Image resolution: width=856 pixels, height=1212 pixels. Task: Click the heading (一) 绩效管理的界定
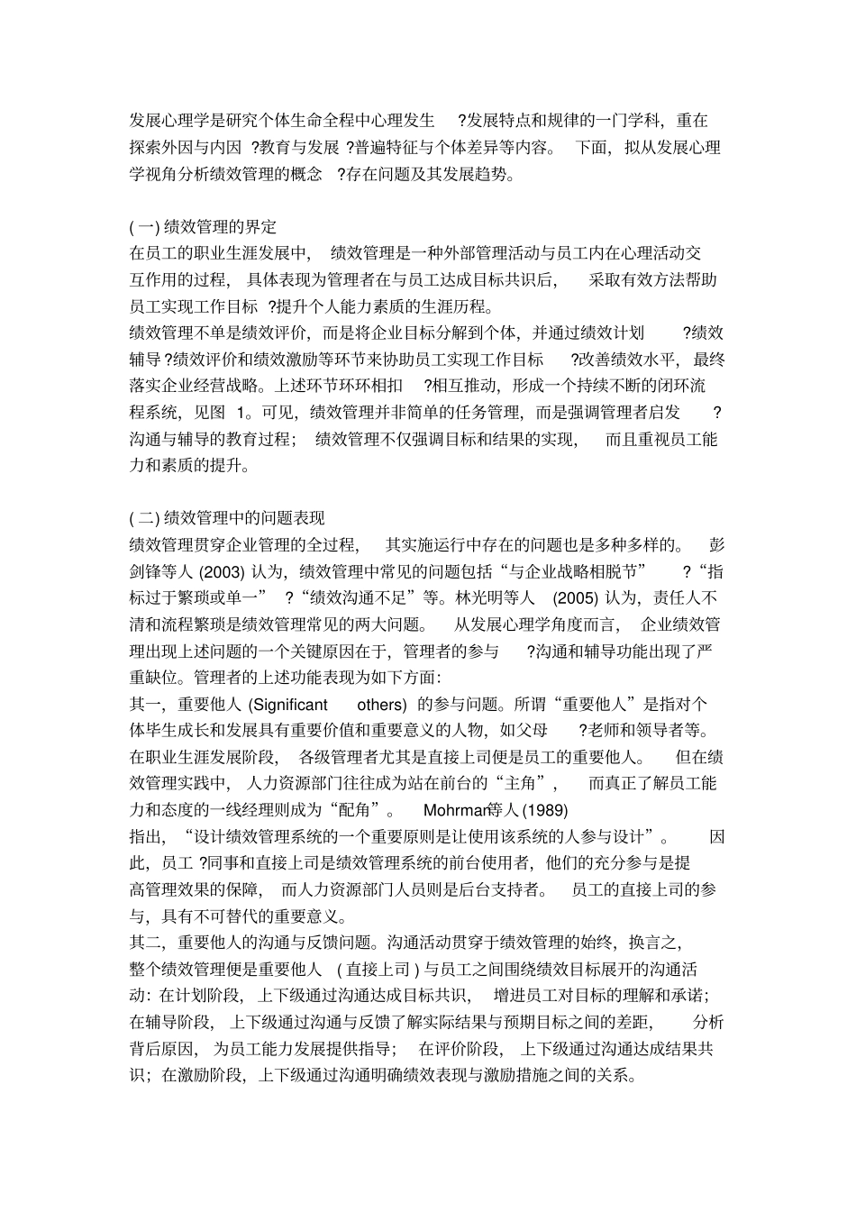click(203, 226)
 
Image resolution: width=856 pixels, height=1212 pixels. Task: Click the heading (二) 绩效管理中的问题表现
click(227, 518)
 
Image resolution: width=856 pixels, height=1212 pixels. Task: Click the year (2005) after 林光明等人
click(575, 597)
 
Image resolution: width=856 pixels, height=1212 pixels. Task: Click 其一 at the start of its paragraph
click(144, 704)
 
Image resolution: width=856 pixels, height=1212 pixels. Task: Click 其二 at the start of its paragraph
click(144, 943)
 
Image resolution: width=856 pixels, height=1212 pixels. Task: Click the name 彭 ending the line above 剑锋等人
click(716, 544)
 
